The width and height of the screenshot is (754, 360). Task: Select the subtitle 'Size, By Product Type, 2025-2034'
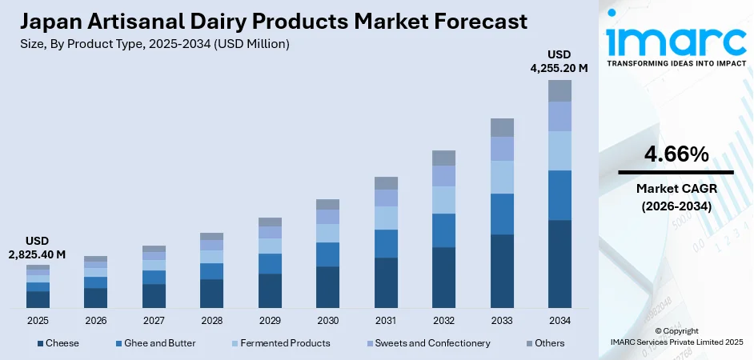tap(152, 44)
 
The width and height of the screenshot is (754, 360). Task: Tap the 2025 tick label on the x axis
tap(38, 320)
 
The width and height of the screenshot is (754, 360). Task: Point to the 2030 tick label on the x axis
tap(327, 320)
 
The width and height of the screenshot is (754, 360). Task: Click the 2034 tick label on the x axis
tap(559, 320)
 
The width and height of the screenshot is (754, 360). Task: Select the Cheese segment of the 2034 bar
tap(559, 264)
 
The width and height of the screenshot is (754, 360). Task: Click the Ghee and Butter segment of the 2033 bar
tap(502, 214)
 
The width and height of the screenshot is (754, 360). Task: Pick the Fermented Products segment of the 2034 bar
tap(559, 150)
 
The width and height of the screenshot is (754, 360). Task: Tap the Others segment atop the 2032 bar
tap(443, 158)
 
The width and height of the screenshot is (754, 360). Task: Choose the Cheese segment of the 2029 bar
tap(270, 290)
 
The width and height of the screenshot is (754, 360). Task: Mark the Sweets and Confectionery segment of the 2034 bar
tap(559, 116)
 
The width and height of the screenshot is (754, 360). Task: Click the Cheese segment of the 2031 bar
tap(386, 282)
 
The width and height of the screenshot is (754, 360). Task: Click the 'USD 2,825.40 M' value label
tap(38, 247)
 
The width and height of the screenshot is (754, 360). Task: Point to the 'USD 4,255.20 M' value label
tap(559, 62)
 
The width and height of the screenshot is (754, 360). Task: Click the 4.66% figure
tap(676, 155)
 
